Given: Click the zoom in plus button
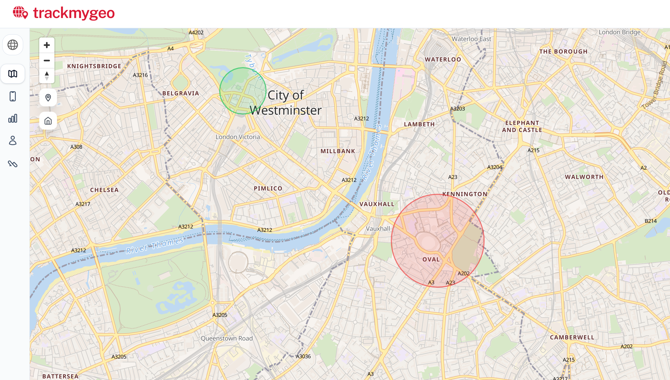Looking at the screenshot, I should point(47,45).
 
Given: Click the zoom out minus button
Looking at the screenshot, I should point(47,61).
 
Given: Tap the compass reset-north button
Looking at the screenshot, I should point(47,76).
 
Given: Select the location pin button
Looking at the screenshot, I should point(48,98).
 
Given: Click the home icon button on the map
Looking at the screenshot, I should point(48,121).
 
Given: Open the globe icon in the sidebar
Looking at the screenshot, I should point(13,45).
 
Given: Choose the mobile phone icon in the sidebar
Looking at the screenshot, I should point(13,96).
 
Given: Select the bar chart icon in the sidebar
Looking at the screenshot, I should point(13,118).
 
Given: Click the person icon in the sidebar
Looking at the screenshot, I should point(13,140).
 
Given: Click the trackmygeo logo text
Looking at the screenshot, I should point(74,13).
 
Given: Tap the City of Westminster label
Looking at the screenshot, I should point(286,102).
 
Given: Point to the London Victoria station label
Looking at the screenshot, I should point(238,137).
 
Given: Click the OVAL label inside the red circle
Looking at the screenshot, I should point(431,259).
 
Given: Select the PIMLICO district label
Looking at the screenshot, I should point(268,188).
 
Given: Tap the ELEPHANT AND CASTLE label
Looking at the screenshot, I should point(522,126).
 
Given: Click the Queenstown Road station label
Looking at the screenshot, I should point(227,338).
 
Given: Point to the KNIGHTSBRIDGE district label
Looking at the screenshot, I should point(94,66).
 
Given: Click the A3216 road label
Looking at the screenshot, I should point(140,75).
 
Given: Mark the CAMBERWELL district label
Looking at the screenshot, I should point(572,337).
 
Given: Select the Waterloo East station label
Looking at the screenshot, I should point(471,39).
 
